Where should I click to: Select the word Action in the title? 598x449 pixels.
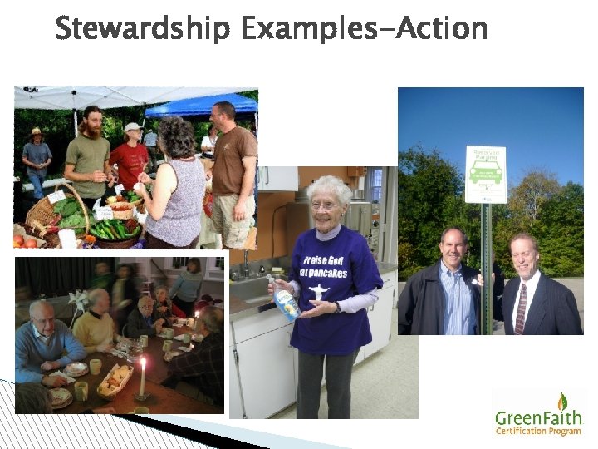pyautogui.click(x=442, y=29)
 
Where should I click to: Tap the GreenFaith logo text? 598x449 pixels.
pyautogui.click(x=539, y=417)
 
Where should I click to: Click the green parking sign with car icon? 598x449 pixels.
pyautogui.click(x=486, y=174)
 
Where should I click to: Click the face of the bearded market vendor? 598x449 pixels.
pyautogui.click(x=92, y=123)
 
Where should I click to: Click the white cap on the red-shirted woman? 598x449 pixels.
pyautogui.click(x=132, y=127)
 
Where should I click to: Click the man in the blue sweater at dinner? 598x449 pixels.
pyautogui.click(x=46, y=345)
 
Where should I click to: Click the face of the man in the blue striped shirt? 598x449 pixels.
pyautogui.click(x=453, y=245)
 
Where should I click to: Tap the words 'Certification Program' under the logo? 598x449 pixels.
pyautogui.click(x=538, y=431)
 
